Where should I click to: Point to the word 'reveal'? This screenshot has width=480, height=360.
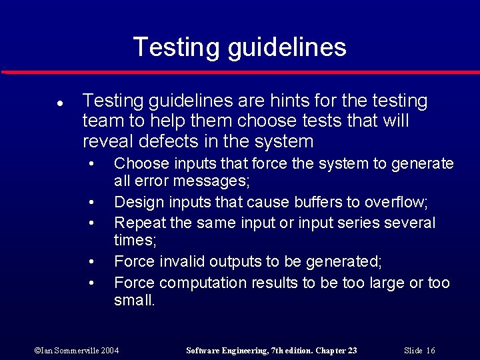105,141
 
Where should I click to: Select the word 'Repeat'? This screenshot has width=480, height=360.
137,223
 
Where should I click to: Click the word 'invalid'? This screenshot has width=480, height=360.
177,262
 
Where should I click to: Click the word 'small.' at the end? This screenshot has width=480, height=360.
134,301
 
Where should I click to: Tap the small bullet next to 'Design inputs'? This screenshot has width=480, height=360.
90,202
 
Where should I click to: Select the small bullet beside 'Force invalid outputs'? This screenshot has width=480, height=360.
90,263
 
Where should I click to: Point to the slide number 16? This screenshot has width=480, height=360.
430,351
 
